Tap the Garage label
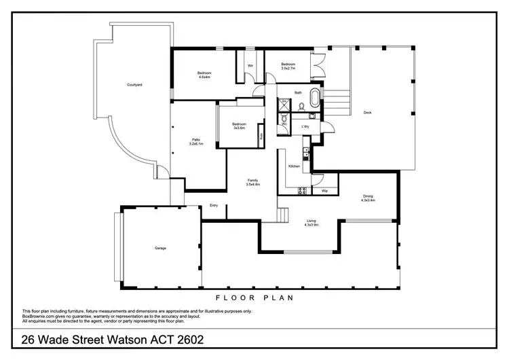(160, 248)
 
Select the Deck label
(367, 112)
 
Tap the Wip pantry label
(324, 191)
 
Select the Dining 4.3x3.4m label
(369, 198)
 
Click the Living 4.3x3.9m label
(311, 221)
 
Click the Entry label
(214, 205)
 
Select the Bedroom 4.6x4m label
(204, 75)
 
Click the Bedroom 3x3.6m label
(238, 126)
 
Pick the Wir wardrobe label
(250, 66)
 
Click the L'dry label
(305, 127)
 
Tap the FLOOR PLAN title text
(254, 298)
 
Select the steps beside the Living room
(283, 215)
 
